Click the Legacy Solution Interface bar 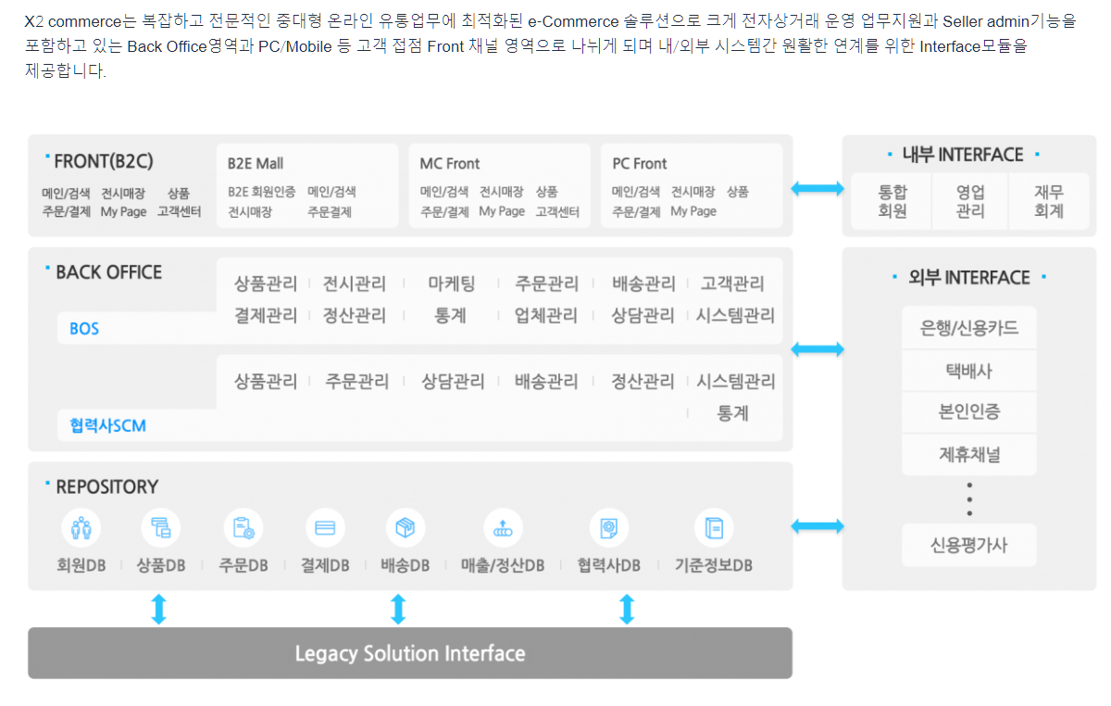pyautogui.click(x=409, y=653)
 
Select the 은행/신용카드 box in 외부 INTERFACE pyautogui.click(x=969, y=328)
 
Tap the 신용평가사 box pyautogui.click(x=969, y=545)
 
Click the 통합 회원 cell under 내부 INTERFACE pyautogui.click(x=893, y=201)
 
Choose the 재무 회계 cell pyautogui.click(x=1049, y=201)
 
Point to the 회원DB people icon pyautogui.click(x=81, y=528)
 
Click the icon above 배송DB pyautogui.click(x=405, y=528)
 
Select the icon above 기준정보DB pyautogui.click(x=714, y=528)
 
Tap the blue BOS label pyautogui.click(x=84, y=329)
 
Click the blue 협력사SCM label pyautogui.click(x=107, y=425)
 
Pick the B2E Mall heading pyautogui.click(x=256, y=163)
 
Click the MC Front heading pyautogui.click(x=450, y=163)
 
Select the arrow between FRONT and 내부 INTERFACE pyautogui.click(x=818, y=189)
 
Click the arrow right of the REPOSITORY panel pyautogui.click(x=818, y=526)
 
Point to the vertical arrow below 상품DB pyautogui.click(x=158, y=609)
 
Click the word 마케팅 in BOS pyautogui.click(x=451, y=284)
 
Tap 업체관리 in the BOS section pyautogui.click(x=546, y=316)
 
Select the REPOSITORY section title pyautogui.click(x=106, y=486)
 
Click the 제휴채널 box pyautogui.click(x=969, y=454)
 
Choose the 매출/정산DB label pyautogui.click(x=502, y=564)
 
